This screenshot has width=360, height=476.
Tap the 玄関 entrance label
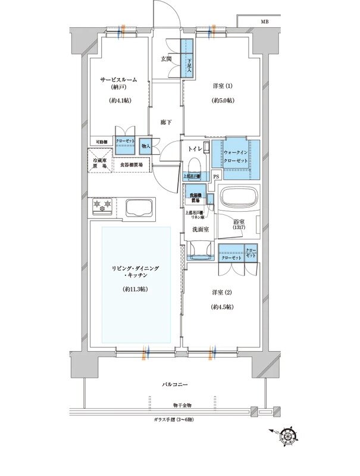(x=166, y=58)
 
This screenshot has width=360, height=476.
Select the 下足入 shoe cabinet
(x=187, y=58)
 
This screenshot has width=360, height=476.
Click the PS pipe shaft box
(x=216, y=177)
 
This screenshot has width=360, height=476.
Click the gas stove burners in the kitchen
(x=102, y=206)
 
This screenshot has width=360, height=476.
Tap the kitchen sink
(x=140, y=208)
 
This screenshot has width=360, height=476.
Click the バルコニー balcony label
(x=176, y=385)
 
